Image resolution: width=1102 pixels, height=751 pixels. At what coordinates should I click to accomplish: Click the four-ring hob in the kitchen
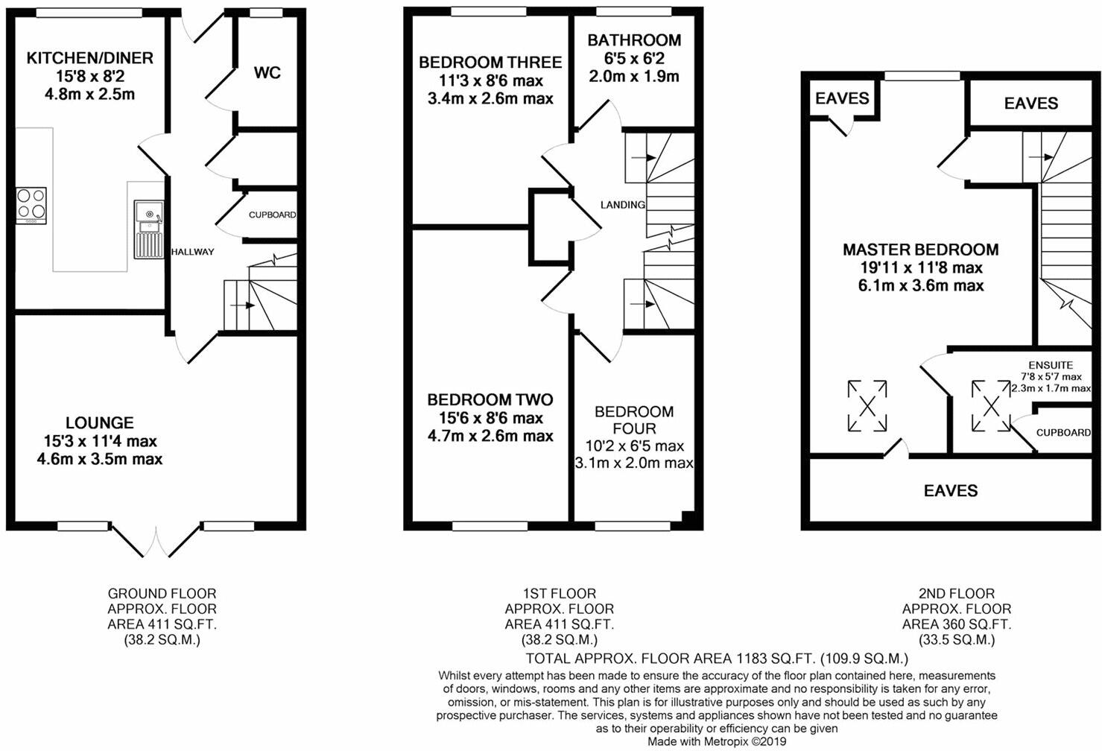(x=31, y=206)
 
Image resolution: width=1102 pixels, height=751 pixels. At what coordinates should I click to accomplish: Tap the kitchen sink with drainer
(x=148, y=229)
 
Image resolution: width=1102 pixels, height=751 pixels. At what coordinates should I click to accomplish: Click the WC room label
(x=267, y=73)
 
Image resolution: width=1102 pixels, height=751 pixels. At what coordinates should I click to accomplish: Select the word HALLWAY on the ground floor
(x=193, y=252)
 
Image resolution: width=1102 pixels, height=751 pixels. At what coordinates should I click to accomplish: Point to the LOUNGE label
(x=99, y=422)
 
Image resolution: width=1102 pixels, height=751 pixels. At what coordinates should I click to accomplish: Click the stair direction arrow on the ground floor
(x=243, y=305)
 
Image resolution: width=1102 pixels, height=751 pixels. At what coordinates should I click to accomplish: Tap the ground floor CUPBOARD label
(x=272, y=215)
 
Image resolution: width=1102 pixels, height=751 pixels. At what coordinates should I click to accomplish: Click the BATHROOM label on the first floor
(x=634, y=40)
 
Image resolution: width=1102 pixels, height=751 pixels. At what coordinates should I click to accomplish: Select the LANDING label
(x=622, y=205)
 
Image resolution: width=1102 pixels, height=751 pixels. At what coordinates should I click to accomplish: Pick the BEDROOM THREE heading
(x=490, y=63)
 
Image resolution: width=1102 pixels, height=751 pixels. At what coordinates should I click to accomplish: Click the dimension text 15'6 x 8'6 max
(x=490, y=418)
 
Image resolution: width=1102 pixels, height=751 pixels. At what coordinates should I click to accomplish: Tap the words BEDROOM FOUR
(x=634, y=420)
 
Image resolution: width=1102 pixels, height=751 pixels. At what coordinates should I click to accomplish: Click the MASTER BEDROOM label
(x=920, y=250)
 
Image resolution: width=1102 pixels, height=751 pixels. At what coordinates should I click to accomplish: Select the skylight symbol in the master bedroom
(x=867, y=406)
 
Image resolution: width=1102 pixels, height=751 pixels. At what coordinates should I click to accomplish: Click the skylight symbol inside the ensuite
(x=990, y=406)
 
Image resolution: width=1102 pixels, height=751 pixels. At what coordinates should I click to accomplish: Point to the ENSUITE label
(x=1051, y=365)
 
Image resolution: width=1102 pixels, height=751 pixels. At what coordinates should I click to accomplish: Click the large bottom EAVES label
(x=951, y=490)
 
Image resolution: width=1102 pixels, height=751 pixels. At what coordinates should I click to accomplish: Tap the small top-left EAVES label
(x=842, y=98)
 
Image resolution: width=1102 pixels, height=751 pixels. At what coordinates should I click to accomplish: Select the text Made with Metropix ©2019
(x=717, y=741)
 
